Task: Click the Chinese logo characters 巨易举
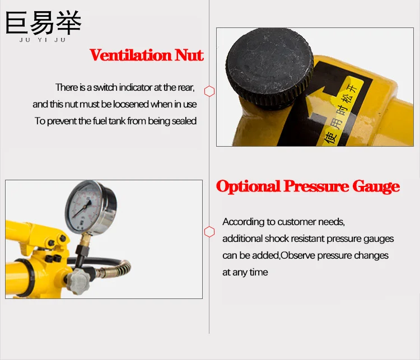click(43, 22)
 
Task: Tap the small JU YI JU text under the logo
click(43, 40)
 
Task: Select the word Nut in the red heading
click(189, 55)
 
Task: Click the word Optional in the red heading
click(248, 186)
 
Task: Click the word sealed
click(183, 121)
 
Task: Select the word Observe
click(299, 255)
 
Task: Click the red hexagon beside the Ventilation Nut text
click(209, 91)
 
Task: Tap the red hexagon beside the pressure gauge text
click(209, 231)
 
